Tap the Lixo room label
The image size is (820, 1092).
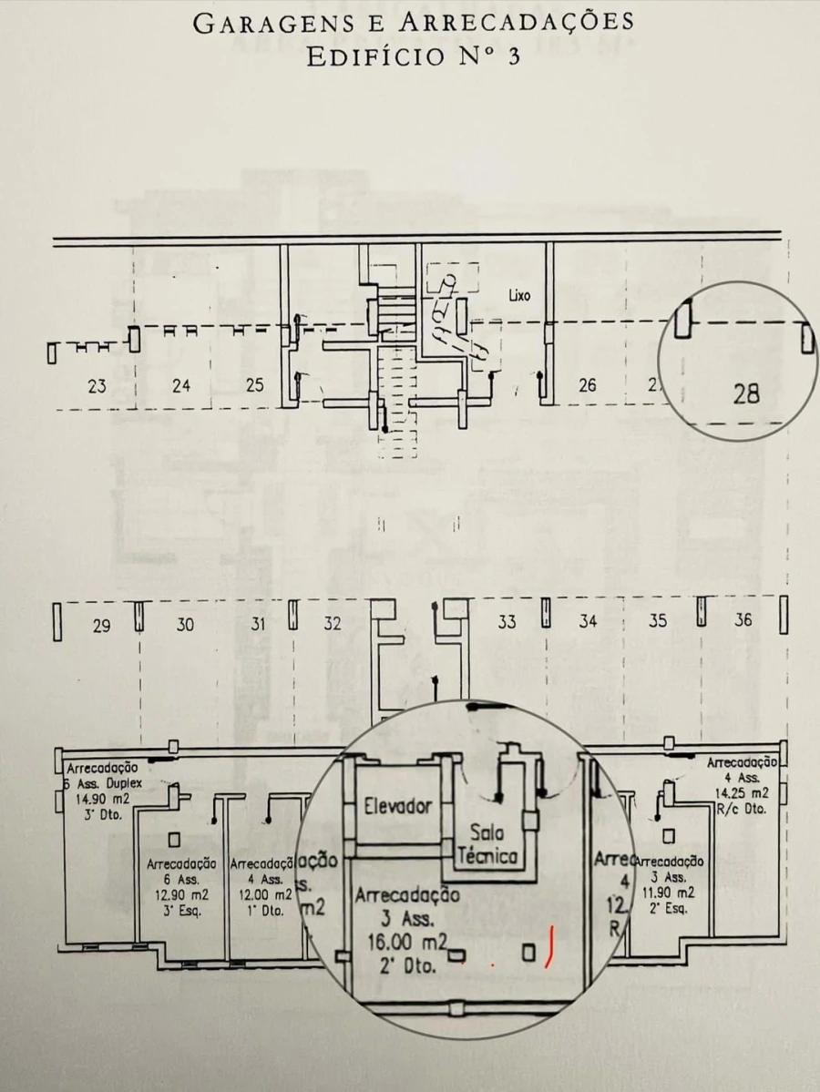519,296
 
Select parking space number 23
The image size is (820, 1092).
97,385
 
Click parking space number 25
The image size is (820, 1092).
255,385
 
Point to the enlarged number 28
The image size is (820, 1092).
746,394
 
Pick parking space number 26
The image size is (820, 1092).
588,385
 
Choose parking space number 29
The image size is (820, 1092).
102,625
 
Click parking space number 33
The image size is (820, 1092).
507,622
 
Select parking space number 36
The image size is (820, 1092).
743,620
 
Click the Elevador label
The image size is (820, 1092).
397,806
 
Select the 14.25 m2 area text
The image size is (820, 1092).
739,792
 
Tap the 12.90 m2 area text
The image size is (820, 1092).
179,895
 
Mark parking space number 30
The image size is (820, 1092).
185,625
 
